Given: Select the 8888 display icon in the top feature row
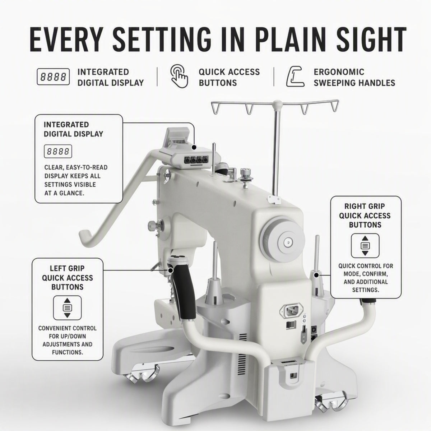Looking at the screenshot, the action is point(53,77).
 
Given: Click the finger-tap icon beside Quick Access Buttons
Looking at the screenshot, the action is point(179,76).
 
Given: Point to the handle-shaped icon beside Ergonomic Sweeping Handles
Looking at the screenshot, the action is point(296,77).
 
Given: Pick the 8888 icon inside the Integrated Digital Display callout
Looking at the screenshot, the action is point(58,152).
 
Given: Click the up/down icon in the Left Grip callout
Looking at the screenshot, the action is point(67,308).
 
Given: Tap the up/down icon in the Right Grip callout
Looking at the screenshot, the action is point(365,246).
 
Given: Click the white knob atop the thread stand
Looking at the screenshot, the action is point(277,104).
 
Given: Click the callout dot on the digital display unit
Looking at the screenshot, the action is point(194,147).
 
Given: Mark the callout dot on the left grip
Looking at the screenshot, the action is point(171,270).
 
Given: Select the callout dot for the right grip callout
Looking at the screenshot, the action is point(316,275).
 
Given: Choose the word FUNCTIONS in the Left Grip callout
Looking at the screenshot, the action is point(68,352).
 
